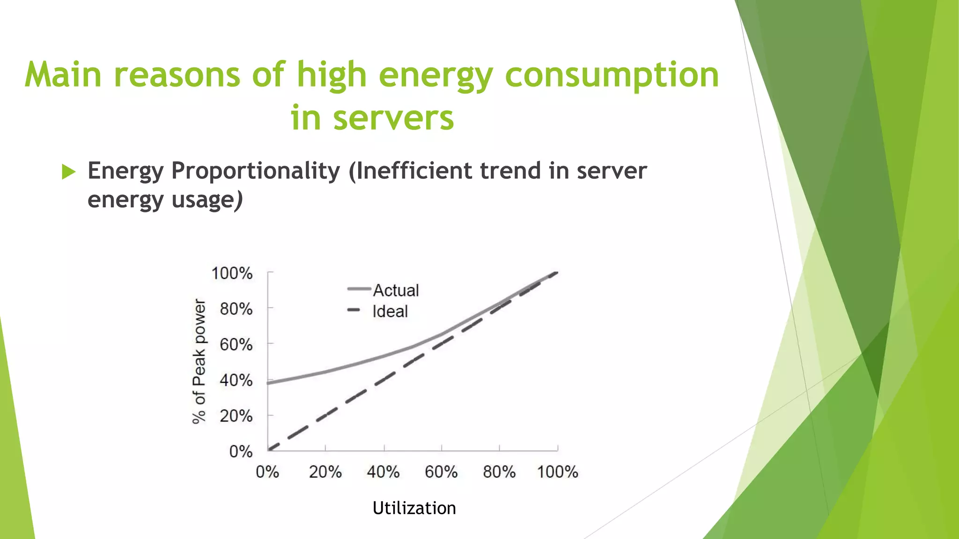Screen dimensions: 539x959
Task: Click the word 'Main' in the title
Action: [x=63, y=75]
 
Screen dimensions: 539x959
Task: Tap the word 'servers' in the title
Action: [x=393, y=118]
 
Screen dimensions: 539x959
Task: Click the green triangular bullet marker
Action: [x=68, y=172]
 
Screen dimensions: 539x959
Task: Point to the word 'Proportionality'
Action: [x=255, y=171]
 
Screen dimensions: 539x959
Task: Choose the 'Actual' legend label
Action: [x=396, y=291]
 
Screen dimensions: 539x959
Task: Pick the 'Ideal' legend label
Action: [x=390, y=312]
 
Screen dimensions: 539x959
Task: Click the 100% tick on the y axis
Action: [x=232, y=273]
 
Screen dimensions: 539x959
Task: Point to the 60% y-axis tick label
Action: [x=236, y=345]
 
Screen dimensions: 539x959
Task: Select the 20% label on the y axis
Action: [x=236, y=416]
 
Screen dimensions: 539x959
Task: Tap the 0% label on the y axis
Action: [x=241, y=452]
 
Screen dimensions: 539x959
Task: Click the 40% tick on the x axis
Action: [x=383, y=472]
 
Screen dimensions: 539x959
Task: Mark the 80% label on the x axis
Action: [x=499, y=472]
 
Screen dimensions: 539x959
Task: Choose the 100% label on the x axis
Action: [x=557, y=472]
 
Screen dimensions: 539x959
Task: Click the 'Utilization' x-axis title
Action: [x=414, y=508]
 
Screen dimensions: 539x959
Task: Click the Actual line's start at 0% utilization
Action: [x=269, y=383]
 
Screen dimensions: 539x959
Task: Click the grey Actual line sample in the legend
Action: [x=359, y=289]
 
